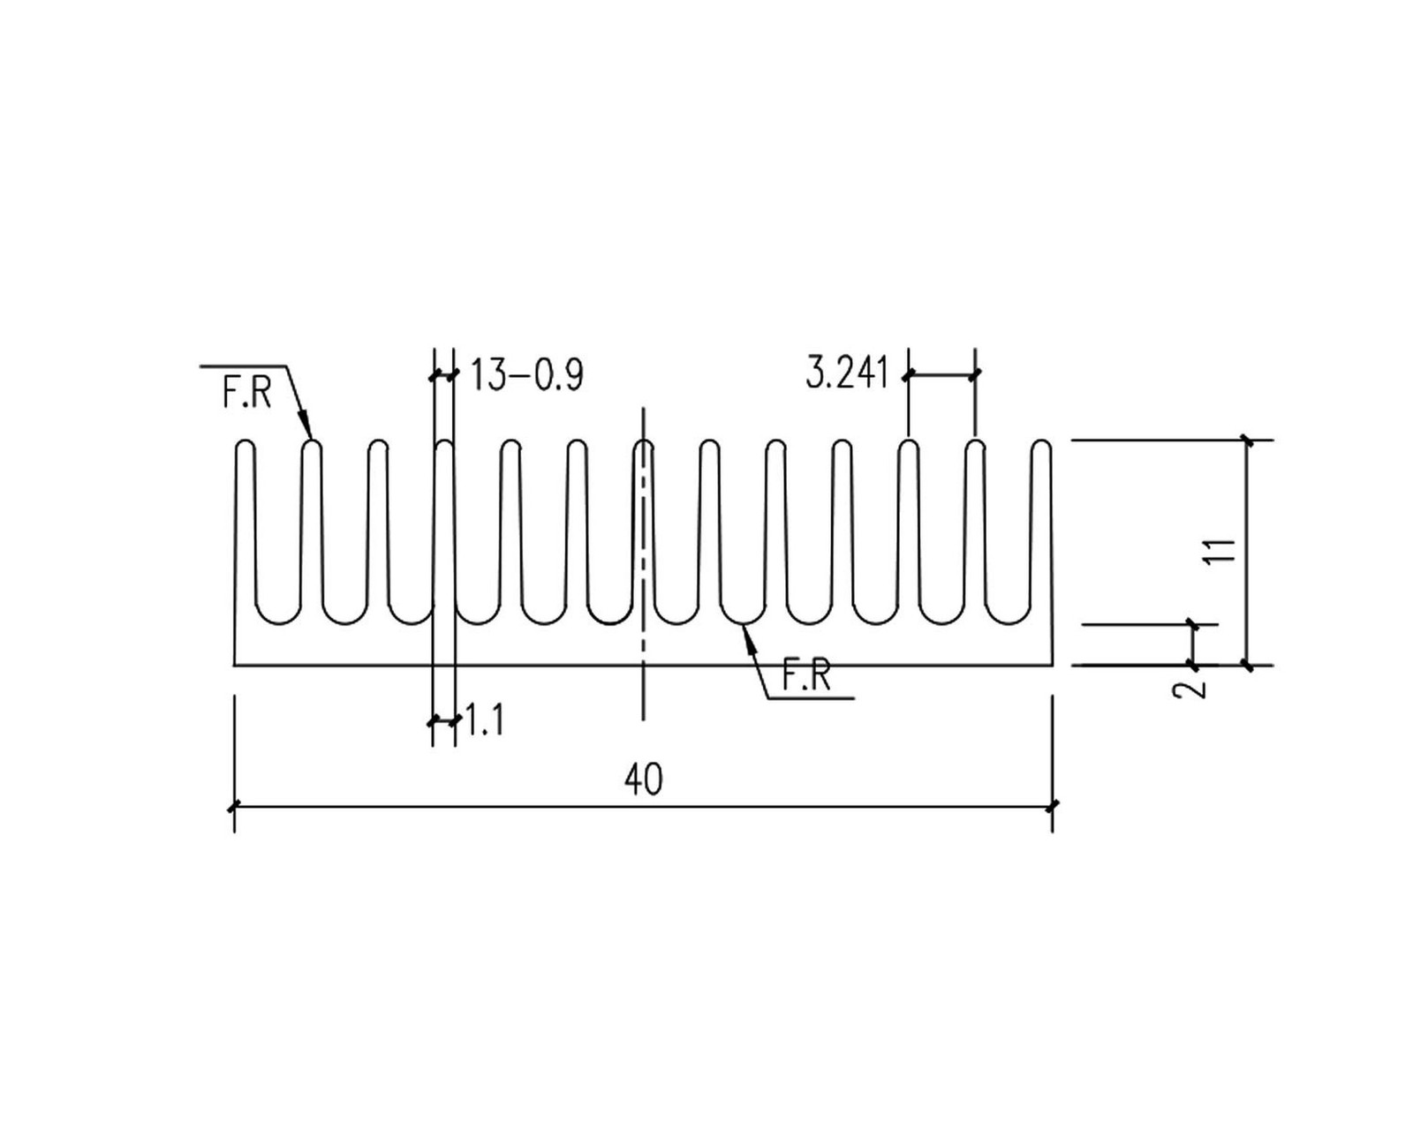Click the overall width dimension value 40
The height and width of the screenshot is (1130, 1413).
643,780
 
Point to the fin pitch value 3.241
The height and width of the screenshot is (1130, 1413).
846,374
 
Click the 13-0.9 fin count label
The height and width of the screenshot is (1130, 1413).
527,375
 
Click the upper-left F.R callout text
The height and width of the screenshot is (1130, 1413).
246,392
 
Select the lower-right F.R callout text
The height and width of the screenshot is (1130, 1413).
806,676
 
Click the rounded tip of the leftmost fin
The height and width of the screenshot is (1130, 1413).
245,441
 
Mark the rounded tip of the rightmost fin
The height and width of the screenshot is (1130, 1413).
1042,441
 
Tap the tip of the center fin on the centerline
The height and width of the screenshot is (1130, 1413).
644,441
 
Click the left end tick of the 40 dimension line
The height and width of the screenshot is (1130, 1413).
234,806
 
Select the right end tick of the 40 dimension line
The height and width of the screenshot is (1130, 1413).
1052,806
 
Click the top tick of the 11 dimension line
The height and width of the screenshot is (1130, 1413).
1247,440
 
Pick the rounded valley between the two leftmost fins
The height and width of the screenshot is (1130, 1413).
277,622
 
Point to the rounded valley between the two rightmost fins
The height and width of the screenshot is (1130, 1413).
1008,622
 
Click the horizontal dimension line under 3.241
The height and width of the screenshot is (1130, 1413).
941,375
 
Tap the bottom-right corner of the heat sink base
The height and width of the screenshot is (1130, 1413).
1052,665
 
